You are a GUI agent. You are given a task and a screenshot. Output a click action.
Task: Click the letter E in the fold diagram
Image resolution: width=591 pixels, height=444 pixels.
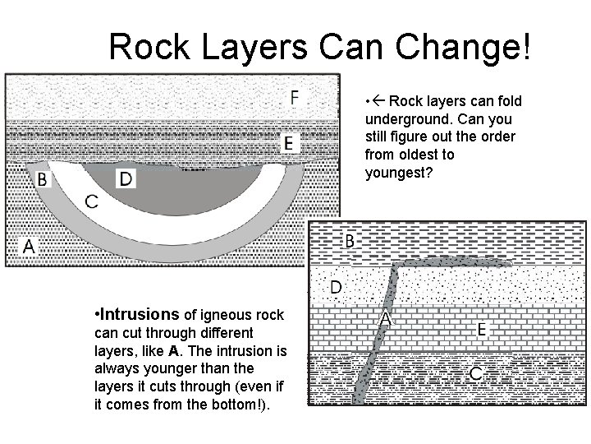288,142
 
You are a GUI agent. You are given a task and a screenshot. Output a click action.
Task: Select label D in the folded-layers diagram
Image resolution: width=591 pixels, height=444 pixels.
125,178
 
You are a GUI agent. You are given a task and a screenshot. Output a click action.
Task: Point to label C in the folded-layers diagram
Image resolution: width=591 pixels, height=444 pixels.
92,201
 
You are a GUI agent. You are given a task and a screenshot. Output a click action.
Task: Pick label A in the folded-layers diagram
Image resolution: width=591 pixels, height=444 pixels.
30,245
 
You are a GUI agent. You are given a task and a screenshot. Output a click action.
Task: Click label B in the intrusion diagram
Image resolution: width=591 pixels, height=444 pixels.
349,240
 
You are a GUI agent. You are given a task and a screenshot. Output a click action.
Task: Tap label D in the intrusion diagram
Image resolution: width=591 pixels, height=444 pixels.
336,287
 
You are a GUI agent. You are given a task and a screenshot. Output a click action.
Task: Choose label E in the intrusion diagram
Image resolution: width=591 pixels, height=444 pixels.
483,329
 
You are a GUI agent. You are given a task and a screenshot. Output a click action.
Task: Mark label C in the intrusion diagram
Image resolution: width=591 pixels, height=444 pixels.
475,374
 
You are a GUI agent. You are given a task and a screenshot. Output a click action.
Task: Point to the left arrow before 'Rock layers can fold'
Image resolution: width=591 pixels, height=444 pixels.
379,101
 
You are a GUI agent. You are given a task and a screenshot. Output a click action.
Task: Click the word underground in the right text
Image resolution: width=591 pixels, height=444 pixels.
403,119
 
